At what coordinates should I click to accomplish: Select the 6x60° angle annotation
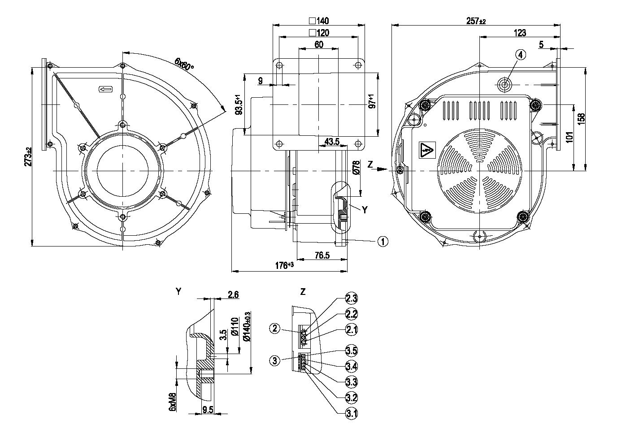(184, 64)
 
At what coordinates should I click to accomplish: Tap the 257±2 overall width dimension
(476, 22)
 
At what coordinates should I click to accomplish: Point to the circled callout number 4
(520, 55)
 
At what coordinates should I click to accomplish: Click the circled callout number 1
(383, 242)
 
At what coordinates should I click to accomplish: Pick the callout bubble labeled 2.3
(352, 298)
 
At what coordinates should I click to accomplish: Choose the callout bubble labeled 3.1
(352, 413)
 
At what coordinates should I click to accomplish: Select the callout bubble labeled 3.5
(352, 350)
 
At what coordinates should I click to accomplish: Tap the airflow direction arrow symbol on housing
(106, 90)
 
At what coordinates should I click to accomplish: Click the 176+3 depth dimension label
(284, 265)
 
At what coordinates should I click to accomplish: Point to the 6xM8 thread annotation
(172, 402)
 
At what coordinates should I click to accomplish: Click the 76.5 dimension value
(322, 255)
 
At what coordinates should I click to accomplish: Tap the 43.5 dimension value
(332, 142)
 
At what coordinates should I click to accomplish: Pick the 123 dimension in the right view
(520, 33)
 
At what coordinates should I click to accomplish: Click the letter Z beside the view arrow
(370, 164)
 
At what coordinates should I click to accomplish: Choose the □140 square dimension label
(319, 21)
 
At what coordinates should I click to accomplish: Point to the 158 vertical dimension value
(581, 119)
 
